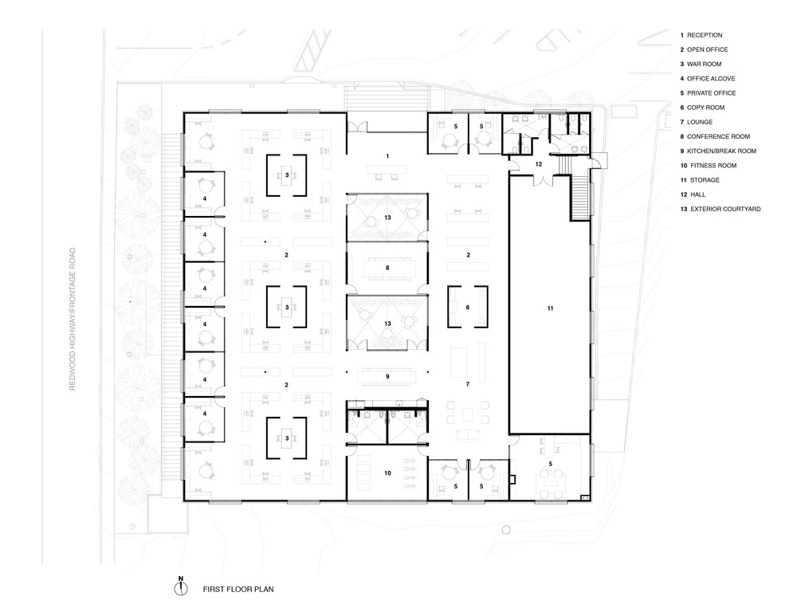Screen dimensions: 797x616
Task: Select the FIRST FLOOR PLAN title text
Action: [x=238, y=590]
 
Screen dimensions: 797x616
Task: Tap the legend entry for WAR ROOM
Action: [x=701, y=64]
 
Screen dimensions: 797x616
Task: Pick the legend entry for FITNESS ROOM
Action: [x=709, y=165]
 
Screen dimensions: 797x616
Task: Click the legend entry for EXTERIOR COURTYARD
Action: [x=720, y=209]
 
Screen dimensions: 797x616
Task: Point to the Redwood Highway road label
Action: [x=73, y=320]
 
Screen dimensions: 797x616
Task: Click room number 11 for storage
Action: [x=550, y=308]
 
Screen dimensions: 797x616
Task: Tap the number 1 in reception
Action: [x=387, y=156]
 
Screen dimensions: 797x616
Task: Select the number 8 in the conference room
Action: [x=387, y=267]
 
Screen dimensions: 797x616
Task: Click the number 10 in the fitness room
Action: [x=387, y=473]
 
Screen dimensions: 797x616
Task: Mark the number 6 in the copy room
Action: [x=468, y=307]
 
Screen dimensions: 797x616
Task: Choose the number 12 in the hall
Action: [x=539, y=164]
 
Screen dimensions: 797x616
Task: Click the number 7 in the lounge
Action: [x=468, y=384]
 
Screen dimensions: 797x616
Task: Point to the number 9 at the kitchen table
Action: [x=387, y=377]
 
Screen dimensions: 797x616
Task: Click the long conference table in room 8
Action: [x=387, y=267]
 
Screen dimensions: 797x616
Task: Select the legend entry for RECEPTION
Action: [x=701, y=35]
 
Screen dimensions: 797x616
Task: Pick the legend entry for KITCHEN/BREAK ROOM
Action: [x=718, y=151]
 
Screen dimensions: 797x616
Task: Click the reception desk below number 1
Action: [x=387, y=168]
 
